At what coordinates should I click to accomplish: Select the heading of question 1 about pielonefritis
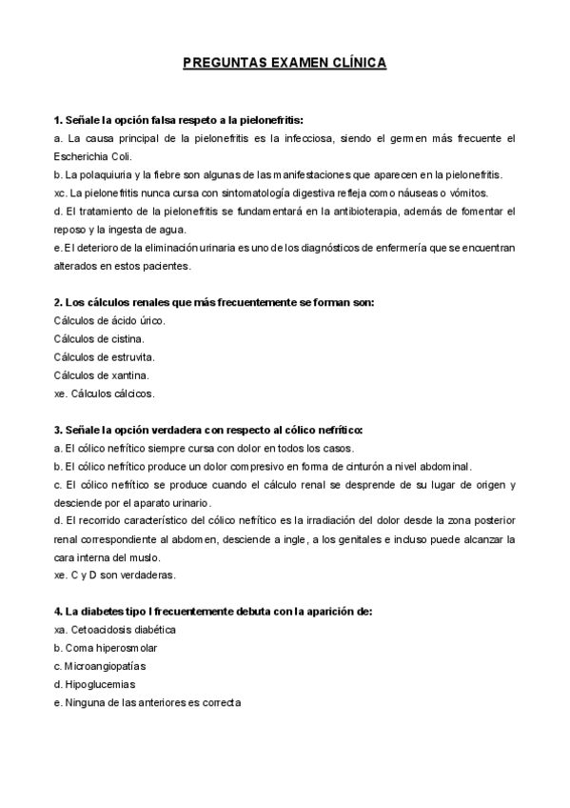[x=179, y=121]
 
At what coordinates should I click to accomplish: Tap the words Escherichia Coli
[x=94, y=156]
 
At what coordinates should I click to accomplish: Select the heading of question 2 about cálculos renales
[x=214, y=302]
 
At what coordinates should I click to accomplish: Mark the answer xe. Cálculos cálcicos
[x=105, y=393]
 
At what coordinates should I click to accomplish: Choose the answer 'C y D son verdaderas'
[x=122, y=575]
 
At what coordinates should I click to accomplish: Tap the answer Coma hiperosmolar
[x=110, y=648]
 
